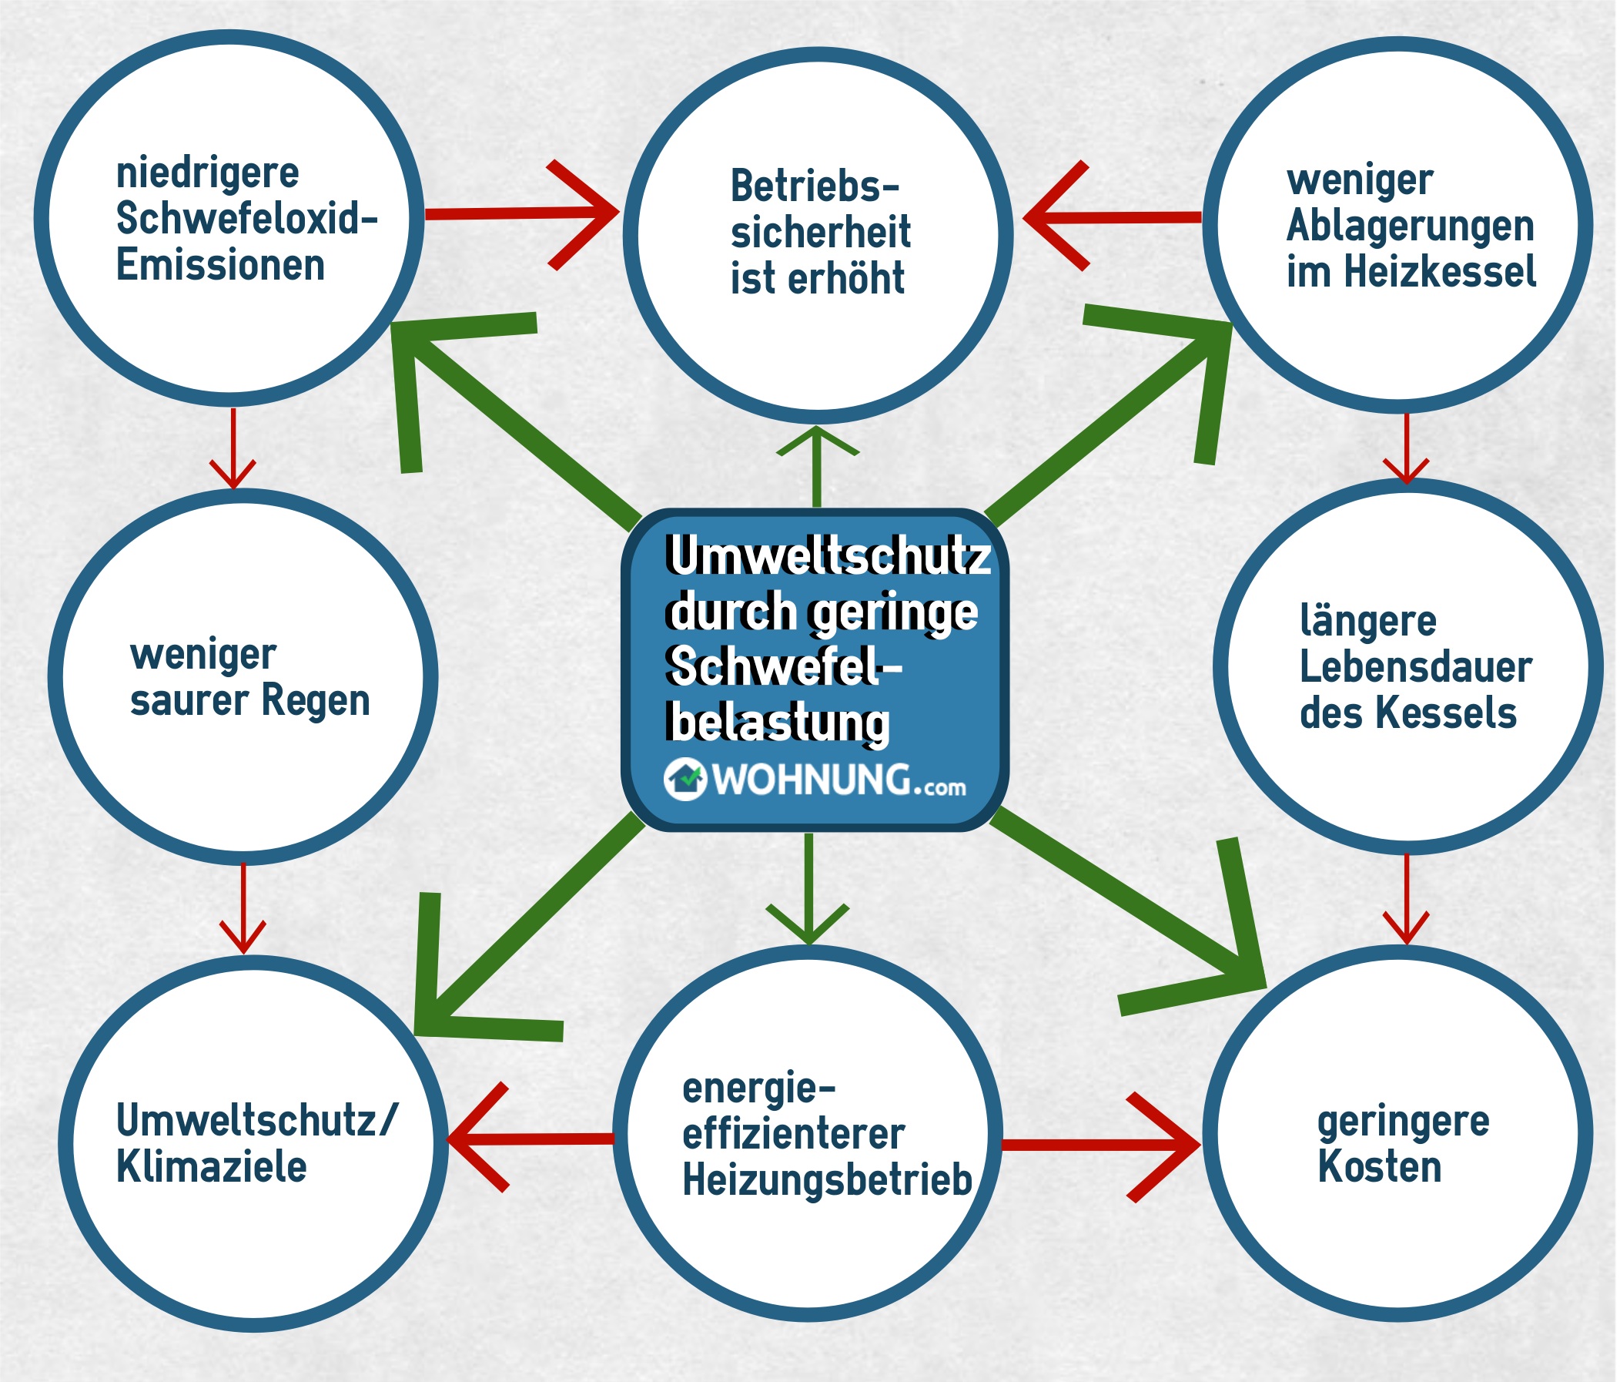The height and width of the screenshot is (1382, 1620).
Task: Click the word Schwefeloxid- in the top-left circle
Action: pos(246,219)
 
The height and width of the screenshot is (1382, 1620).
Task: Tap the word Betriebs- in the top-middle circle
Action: pos(815,187)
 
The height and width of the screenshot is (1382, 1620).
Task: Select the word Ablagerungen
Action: pos(1410,226)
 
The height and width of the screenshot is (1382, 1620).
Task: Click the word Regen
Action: pos(315,700)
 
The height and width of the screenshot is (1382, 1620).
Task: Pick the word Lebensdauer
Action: pos(1415,667)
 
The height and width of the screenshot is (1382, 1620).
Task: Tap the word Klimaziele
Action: pos(211,1167)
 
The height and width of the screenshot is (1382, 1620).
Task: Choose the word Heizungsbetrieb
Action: pos(826,1179)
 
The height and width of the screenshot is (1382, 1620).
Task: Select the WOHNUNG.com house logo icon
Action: pos(686,779)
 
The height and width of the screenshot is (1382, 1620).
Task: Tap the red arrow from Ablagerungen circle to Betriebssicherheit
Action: pos(1110,216)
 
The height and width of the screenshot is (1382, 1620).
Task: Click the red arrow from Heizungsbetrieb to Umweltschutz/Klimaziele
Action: pos(532,1139)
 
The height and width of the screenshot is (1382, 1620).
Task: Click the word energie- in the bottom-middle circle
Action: pos(758,1088)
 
